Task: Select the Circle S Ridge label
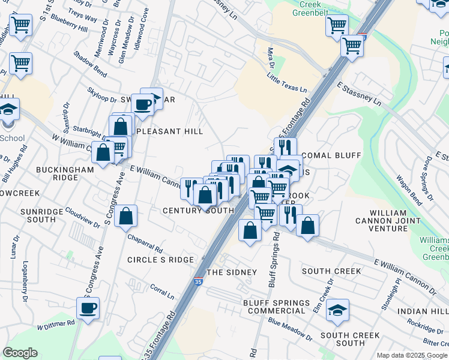click(160, 260)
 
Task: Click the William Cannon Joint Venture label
click(397, 221)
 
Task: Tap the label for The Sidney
click(232, 272)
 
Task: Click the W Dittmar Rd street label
click(56, 325)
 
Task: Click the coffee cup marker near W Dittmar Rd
click(88, 309)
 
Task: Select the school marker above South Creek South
click(338, 310)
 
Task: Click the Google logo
click(20, 353)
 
